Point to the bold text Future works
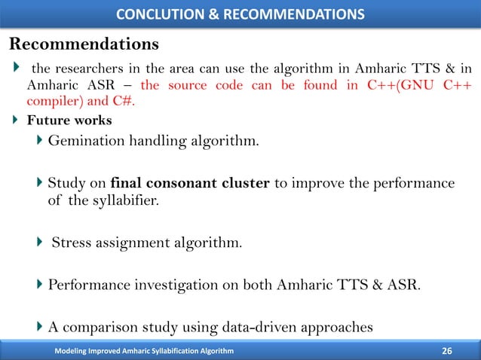69,120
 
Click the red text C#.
128,102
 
